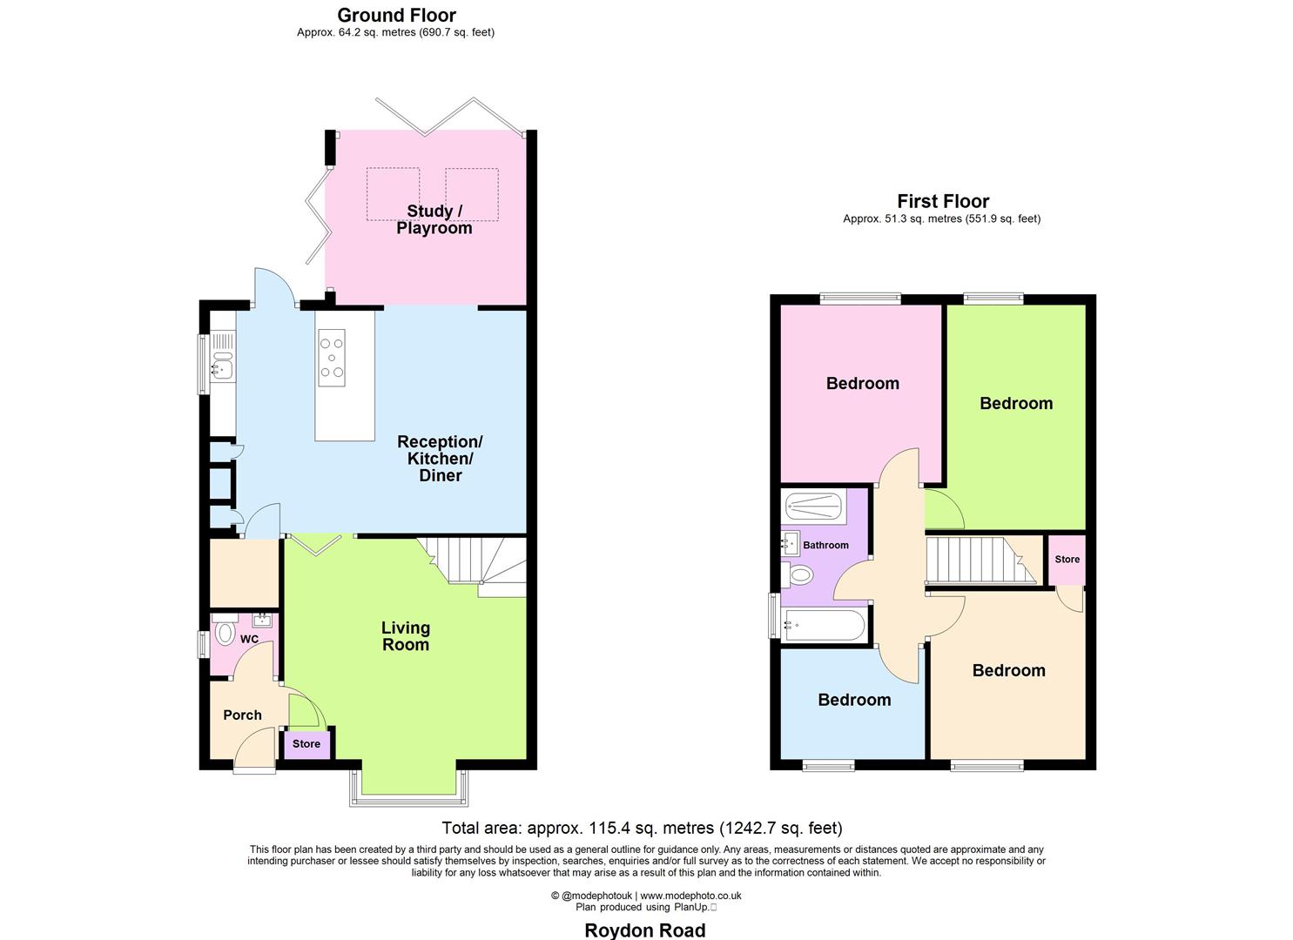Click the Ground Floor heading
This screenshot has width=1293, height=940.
pos(396,15)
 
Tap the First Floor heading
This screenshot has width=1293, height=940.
pos(943,201)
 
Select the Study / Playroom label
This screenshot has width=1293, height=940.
pos(434,219)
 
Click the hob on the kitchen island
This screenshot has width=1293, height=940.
pos(332,358)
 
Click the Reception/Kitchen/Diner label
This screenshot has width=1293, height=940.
pos(440,459)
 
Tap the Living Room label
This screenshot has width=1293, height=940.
pos(406,636)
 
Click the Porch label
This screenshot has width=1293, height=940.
pos(242,715)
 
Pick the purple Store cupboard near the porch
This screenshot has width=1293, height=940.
pos(306,744)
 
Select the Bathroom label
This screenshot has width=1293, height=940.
pos(825,546)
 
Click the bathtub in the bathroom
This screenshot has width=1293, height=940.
pos(824,625)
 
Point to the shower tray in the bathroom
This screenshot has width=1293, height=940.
pos(814,507)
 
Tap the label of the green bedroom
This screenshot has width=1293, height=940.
pos(1016,403)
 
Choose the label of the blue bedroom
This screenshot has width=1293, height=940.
pos(854,700)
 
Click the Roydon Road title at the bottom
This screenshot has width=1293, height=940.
pos(644,930)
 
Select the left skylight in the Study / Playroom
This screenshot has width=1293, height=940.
pos(393,194)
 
